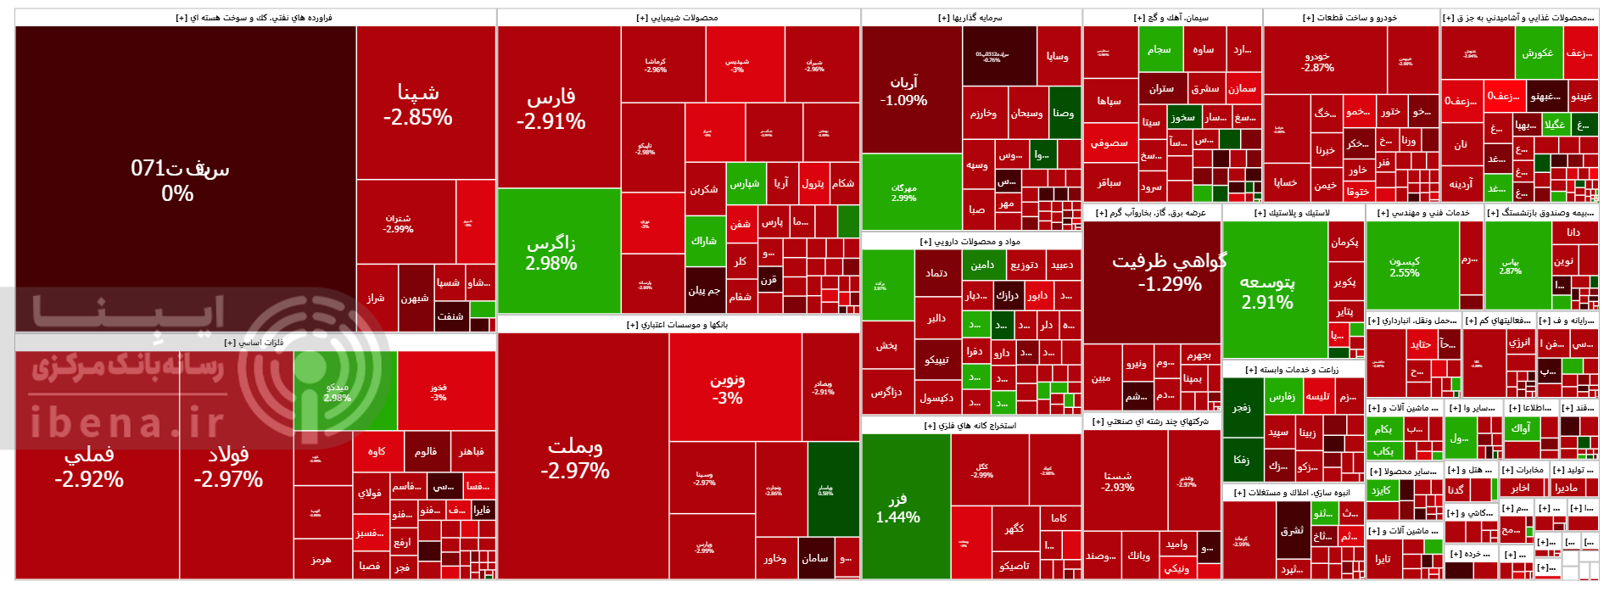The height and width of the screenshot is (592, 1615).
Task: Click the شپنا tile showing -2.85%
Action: click(x=417, y=103)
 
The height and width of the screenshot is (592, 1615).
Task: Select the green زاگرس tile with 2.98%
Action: click(x=551, y=253)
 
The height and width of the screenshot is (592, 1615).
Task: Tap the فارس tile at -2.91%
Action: click(x=551, y=109)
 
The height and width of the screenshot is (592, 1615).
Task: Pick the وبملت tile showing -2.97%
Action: click(x=575, y=458)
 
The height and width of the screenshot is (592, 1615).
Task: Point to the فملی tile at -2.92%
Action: click(x=89, y=466)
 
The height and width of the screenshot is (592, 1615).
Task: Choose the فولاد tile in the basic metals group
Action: click(x=228, y=466)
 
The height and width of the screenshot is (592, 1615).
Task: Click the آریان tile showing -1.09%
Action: click(x=903, y=90)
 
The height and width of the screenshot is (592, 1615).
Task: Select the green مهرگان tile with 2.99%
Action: click(x=903, y=193)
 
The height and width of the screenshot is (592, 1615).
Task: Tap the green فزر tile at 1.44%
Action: click(x=897, y=507)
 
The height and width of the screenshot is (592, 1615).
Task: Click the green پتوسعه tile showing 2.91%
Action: click(x=1267, y=290)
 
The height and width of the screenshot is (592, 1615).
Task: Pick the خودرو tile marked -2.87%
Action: click(x=1317, y=61)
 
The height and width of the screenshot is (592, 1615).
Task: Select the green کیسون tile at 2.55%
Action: click(x=1405, y=266)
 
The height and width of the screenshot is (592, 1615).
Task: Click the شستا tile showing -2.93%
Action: click(x=1118, y=481)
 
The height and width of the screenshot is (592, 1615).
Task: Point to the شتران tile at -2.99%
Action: click(x=398, y=223)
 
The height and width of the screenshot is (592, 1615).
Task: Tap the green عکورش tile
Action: click(x=1537, y=53)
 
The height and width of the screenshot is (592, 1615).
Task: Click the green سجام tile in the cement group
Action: click(x=1159, y=49)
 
